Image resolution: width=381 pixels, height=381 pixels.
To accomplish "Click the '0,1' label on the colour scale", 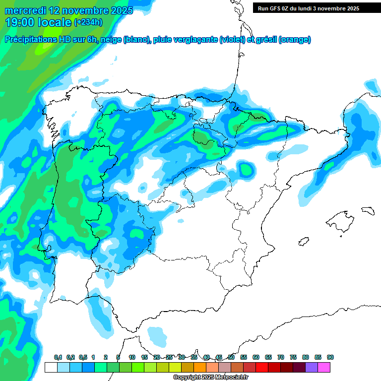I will (x=58, y=358).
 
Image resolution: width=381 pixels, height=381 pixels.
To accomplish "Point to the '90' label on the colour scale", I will (x=330, y=358).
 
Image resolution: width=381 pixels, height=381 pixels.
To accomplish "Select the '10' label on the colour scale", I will (x=132, y=358).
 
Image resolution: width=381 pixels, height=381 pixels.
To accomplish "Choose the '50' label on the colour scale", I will (x=231, y=358).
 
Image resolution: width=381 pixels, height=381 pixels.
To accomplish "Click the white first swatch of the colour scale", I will (x=51, y=367).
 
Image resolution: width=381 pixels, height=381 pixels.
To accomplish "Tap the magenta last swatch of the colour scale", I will (x=324, y=367).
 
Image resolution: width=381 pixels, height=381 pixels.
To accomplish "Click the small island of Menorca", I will (x=368, y=210).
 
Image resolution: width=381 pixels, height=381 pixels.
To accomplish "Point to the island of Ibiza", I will (x=303, y=242).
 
